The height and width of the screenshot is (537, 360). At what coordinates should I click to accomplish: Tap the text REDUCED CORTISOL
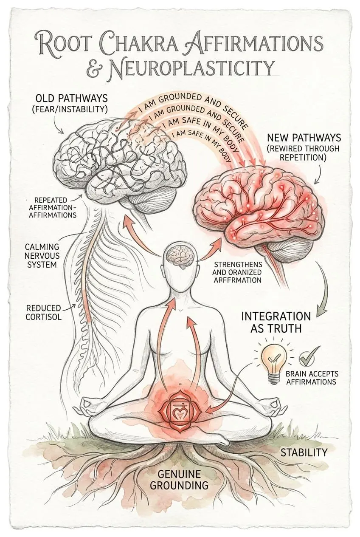(x=43, y=312)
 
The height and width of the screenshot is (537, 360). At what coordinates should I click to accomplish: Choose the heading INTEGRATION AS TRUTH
(x=276, y=322)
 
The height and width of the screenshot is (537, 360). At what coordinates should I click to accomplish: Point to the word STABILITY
(x=304, y=452)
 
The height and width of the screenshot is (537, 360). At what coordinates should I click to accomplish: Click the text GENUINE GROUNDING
(x=183, y=479)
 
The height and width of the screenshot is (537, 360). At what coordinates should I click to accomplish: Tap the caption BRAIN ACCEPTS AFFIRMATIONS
(x=312, y=378)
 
